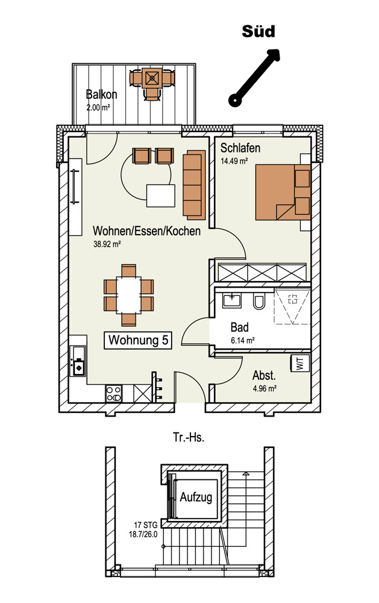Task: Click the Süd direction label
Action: pos(258,31)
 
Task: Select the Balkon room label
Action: pos(101,95)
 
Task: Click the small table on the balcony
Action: pos(152,78)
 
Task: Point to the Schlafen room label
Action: pos(240,148)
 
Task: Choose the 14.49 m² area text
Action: pos(234,161)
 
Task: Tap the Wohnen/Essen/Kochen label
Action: pos(146,231)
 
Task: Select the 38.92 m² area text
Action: pos(107,244)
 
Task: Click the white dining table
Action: pos(128,295)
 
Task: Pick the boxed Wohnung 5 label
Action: pos(138,340)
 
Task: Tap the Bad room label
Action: pos(240,327)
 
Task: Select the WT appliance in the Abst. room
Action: pos(301,364)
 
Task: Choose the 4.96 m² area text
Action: pos(265,388)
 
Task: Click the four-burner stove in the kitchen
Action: pos(113,393)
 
